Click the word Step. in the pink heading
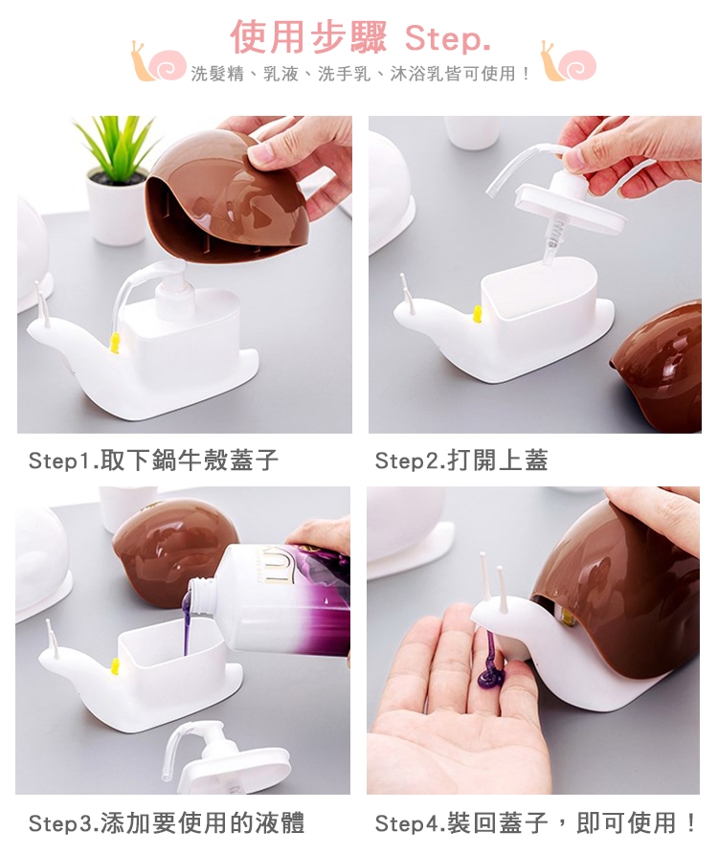448,38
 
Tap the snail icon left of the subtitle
158,61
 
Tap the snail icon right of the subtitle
568,61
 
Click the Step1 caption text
154,461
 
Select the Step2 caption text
461,461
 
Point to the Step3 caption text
167,822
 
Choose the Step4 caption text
535,822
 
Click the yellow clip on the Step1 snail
115,343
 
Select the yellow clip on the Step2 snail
478,314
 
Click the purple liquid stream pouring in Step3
186,622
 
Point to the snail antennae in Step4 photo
493,582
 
